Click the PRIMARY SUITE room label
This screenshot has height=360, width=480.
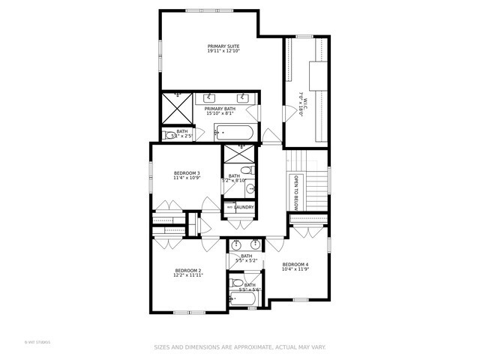[x=223, y=46]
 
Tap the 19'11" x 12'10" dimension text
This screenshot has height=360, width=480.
[x=223, y=51]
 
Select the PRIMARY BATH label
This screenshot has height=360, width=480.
[x=220, y=109]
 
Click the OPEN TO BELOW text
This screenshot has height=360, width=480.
[x=296, y=192]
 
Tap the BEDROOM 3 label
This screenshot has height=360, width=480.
[x=187, y=173]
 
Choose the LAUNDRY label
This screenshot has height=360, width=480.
[x=244, y=207]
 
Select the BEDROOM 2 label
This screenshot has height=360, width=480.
[x=188, y=270]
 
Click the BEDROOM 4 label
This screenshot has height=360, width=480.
[x=295, y=264]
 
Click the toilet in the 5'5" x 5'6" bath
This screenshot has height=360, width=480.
[x=237, y=283]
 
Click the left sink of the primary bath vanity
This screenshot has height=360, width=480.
[x=208, y=97]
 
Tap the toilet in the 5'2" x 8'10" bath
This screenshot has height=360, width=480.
[x=250, y=171]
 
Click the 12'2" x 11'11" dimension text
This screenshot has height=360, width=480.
[x=188, y=275]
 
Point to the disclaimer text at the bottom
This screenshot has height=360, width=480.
[x=240, y=347]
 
